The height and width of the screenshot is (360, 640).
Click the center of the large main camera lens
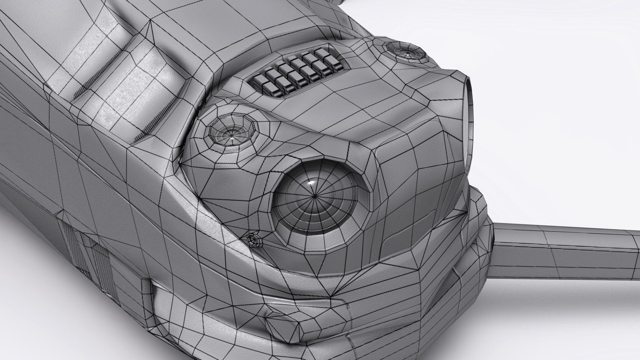315,197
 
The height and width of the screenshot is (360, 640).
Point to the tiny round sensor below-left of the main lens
255,239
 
